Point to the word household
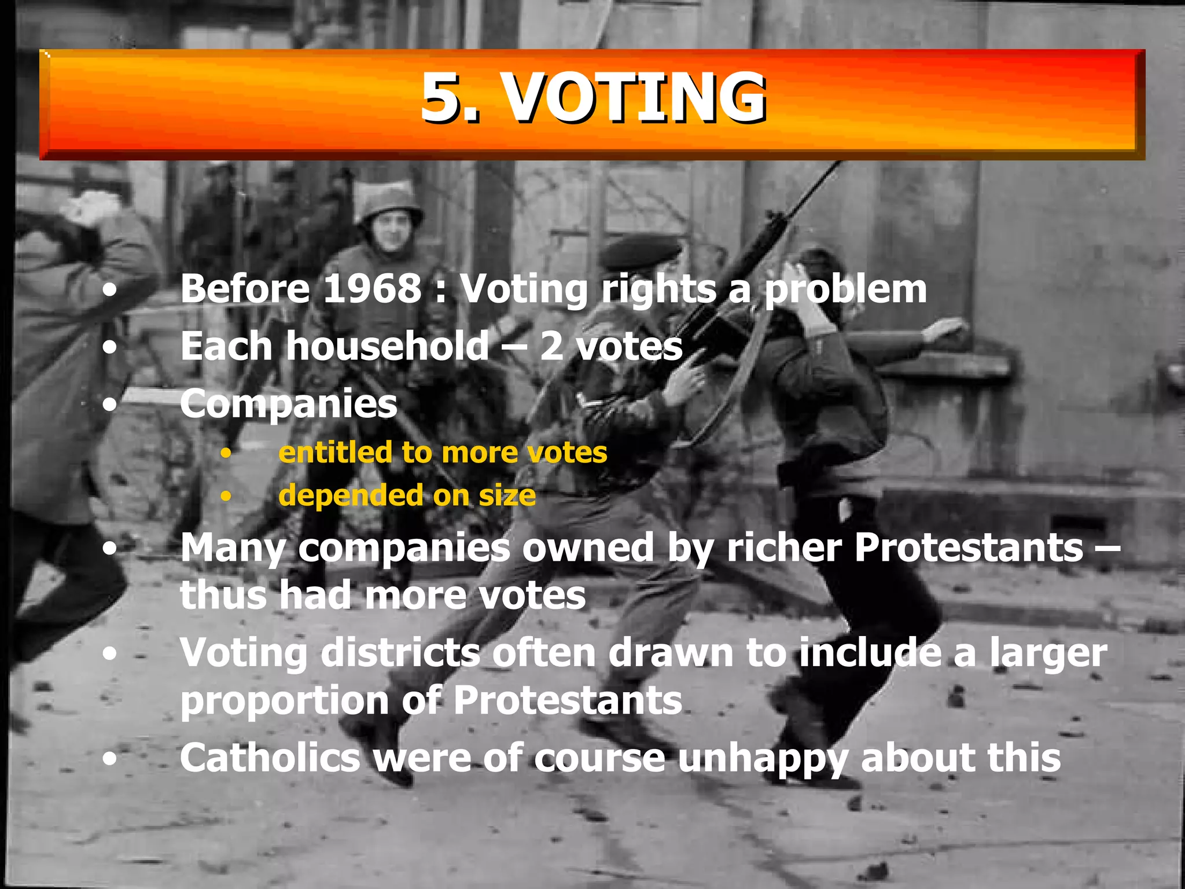coord(388,346)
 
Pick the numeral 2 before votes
coord(551,346)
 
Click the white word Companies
coord(289,405)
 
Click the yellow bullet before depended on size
coord(226,496)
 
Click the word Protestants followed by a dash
coord(969,547)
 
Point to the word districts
coord(400,653)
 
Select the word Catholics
coord(270,758)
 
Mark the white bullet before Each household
coord(110,347)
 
